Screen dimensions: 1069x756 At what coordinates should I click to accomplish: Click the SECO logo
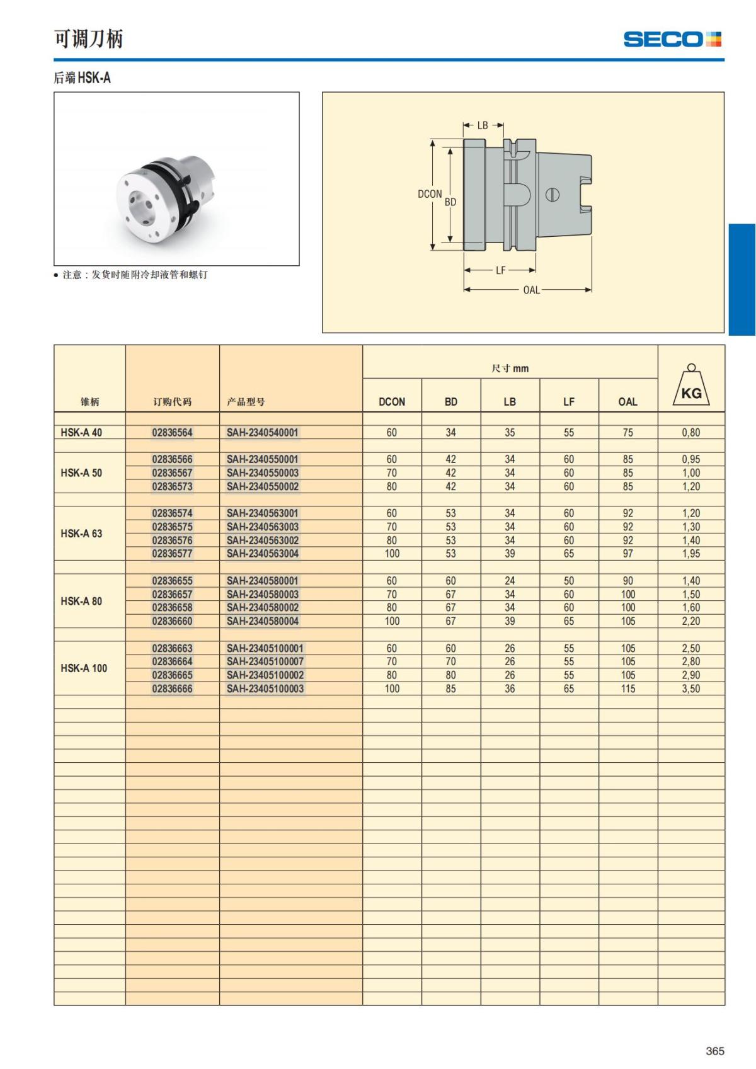tap(672, 39)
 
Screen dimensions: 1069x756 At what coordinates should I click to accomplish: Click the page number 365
tap(715, 1051)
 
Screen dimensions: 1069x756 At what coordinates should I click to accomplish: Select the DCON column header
tap(392, 401)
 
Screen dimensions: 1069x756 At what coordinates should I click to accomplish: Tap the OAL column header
tap(627, 401)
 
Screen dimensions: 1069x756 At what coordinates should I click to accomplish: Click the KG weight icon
tap(691, 386)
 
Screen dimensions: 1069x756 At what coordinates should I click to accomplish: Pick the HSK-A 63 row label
tap(81, 534)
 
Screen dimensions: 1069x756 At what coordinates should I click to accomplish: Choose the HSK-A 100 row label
tap(84, 668)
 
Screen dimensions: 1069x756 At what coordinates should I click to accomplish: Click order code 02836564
tap(172, 433)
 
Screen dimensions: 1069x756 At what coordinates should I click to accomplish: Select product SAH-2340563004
tap(263, 554)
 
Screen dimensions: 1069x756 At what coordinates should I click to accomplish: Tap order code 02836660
tap(172, 621)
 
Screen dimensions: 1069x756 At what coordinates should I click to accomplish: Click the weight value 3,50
tap(691, 689)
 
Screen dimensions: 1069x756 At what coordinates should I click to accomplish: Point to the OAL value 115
tap(627, 689)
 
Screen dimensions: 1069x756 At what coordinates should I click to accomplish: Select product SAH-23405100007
tap(265, 661)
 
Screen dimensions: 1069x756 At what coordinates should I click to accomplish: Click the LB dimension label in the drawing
tap(483, 125)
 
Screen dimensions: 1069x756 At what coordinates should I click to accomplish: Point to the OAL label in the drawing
tap(531, 290)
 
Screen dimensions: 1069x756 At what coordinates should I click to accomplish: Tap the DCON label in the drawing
tap(430, 194)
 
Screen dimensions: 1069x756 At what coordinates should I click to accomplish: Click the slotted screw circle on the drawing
tap(553, 194)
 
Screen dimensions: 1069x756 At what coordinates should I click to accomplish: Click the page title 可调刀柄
tap(88, 39)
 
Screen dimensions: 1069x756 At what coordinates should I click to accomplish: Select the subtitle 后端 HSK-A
tap(82, 77)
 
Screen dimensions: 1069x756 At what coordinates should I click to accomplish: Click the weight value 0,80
tap(691, 433)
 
